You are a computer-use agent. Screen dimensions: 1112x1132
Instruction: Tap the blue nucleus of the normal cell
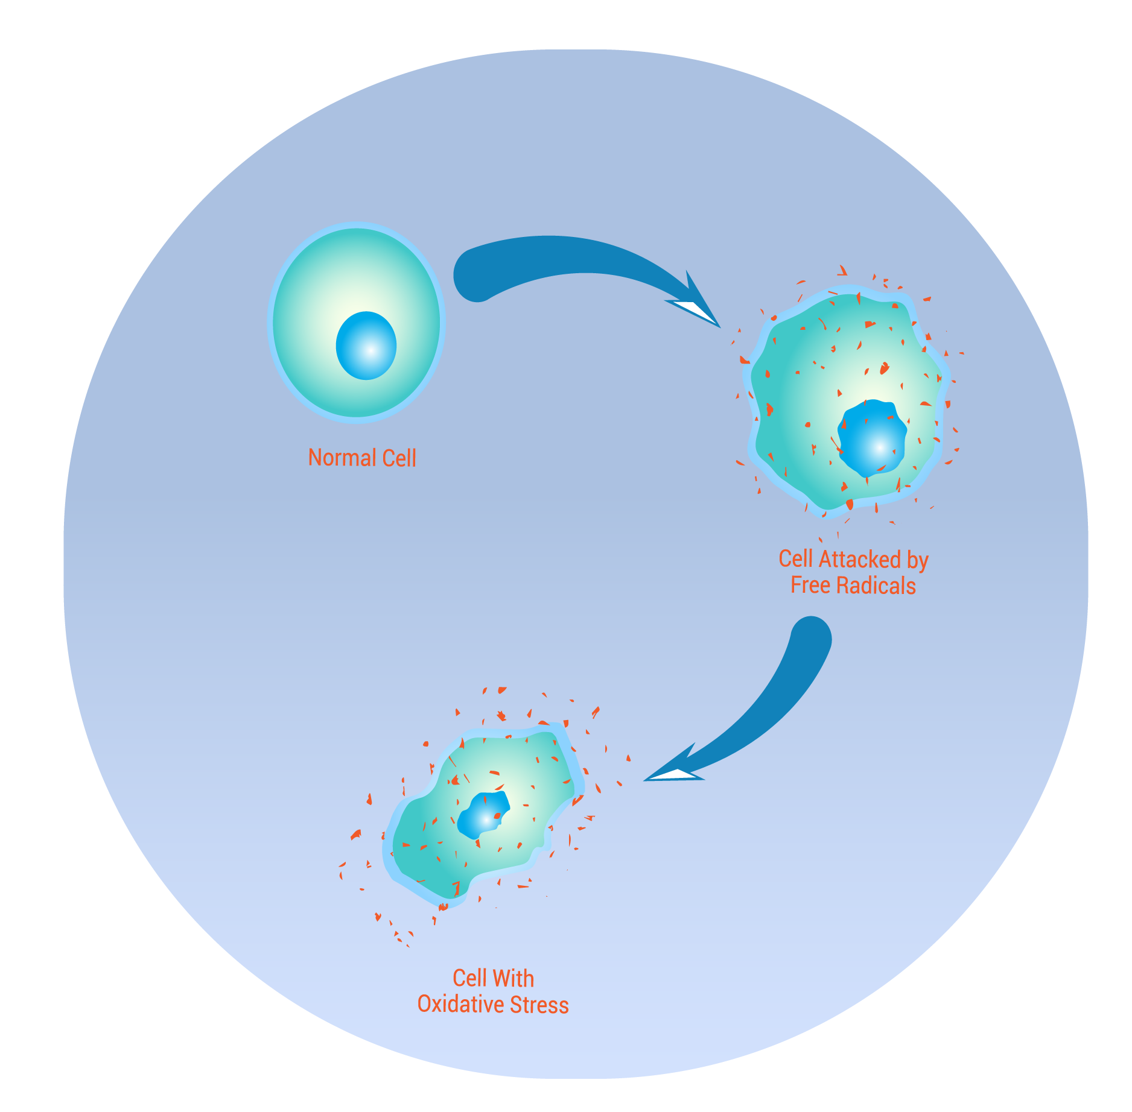click(366, 346)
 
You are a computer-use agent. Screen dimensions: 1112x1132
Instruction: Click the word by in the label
click(917, 560)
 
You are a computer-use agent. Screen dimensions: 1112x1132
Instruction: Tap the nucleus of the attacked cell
click(872, 437)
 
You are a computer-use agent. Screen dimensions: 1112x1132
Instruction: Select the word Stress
click(539, 1005)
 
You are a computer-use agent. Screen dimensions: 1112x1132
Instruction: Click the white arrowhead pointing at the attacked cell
click(694, 310)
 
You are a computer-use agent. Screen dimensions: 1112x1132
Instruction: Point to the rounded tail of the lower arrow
click(811, 639)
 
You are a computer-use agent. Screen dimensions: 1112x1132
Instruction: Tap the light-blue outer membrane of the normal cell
click(270, 323)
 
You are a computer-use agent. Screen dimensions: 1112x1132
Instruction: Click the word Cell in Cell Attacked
click(795, 559)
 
